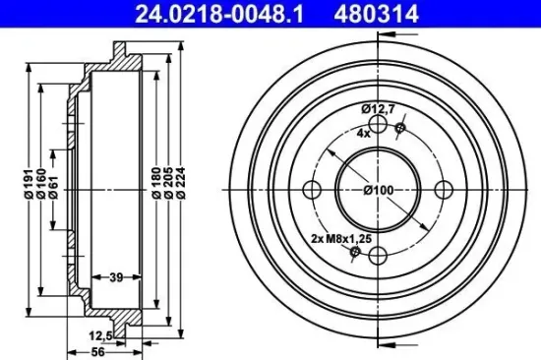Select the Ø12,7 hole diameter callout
pos(377,110)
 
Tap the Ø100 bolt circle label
pos(378,189)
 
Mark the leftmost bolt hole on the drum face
pos(313,190)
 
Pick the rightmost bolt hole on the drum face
pos(443,190)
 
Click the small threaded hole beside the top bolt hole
pos(399,128)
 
